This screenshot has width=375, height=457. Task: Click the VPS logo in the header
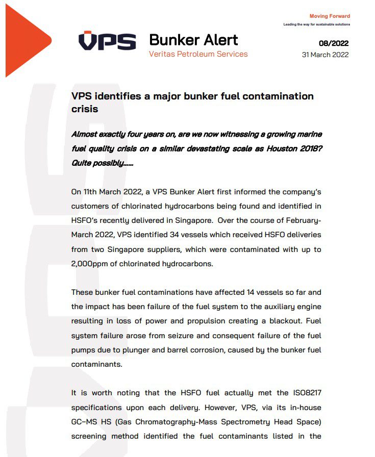[x=107, y=41]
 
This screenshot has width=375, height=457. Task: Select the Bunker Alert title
[x=193, y=39]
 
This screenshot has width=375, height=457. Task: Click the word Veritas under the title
[x=163, y=54]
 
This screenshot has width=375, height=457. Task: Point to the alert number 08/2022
[x=334, y=43]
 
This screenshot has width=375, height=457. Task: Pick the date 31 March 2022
[x=326, y=55]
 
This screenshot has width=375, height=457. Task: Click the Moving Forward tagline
[x=330, y=16]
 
